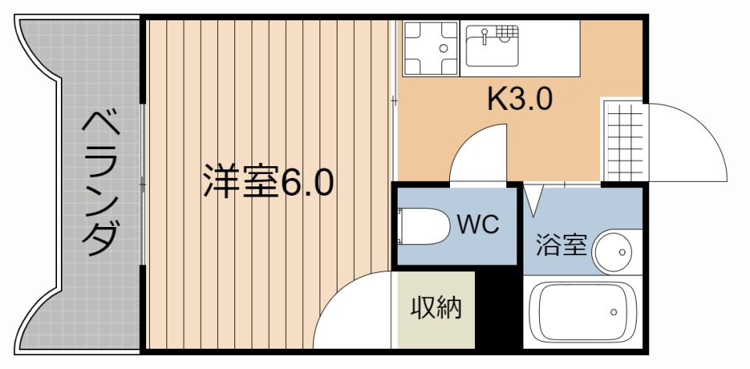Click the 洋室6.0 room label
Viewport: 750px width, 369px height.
(x=268, y=182)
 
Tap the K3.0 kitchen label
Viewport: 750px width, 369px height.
(x=520, y=100)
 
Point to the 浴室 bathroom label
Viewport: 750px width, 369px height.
(x=561, y=244)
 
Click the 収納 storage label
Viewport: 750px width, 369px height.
(x=436, y=308)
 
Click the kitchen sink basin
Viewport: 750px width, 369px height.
(x=492, y=46)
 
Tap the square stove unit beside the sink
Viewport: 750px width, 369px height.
(x=431, y=48)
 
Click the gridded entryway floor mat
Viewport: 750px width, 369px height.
(x=623, y=141)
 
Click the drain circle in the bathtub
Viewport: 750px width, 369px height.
(x=614, y=312)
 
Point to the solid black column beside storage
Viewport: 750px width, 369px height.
(x=499, y=308)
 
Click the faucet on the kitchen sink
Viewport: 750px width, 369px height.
(x=484, y=36)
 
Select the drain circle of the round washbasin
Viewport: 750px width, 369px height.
(x=622, y=252)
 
